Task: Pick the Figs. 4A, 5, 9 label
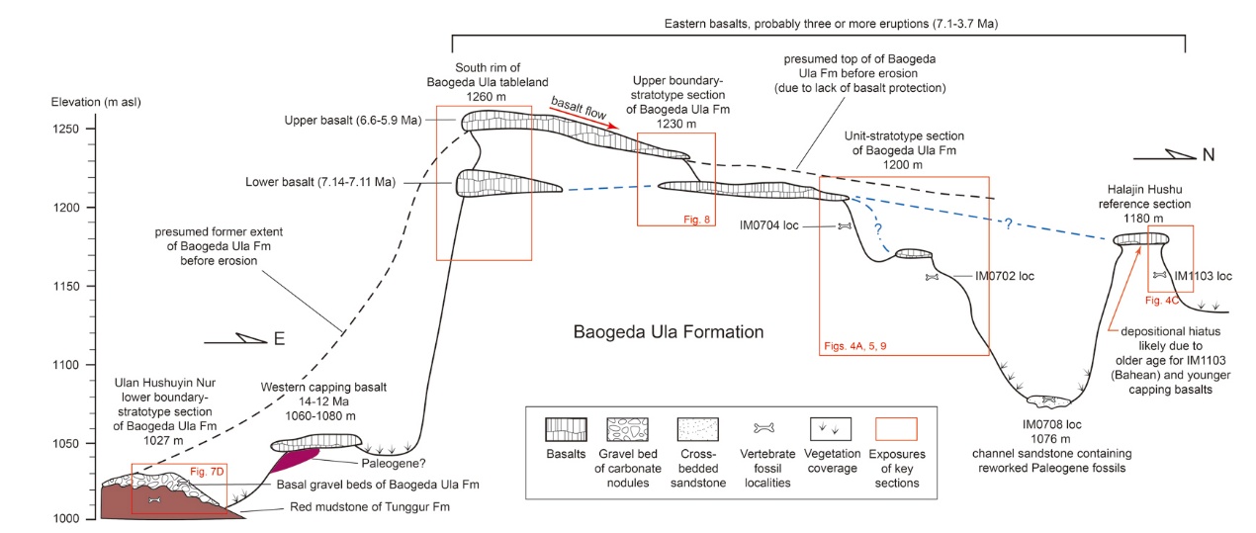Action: (x=864, y=347)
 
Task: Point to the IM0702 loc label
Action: (x=1005, y=276)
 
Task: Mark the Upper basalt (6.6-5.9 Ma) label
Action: (x=337, y=121)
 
